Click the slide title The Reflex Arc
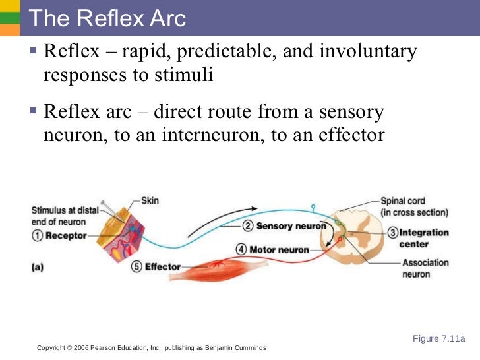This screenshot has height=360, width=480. click(108, 18)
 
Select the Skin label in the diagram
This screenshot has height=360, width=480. click(150, 200)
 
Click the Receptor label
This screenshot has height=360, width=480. click(66, 236)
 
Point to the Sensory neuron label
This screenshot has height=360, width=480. click(291, 226)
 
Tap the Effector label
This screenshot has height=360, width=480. click(162, 267)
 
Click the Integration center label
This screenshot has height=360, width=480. click(424, 238)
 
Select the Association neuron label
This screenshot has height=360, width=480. click(425, 268)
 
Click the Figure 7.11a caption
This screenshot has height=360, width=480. click(438, 339)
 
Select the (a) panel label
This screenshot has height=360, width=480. click(39, 268)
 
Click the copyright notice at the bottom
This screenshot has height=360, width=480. click(151, 347)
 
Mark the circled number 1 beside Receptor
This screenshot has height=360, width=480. click(37, 236)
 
